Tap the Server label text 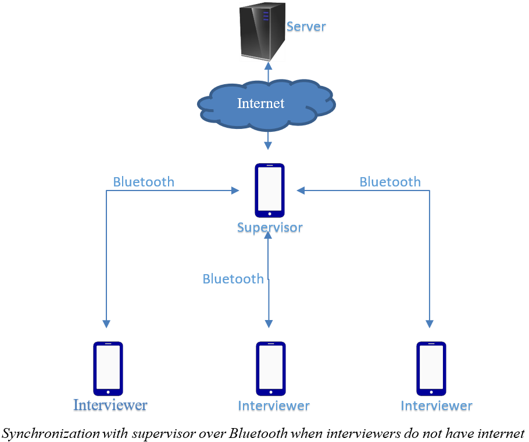coord(306,27)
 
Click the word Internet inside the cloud coord(260,103)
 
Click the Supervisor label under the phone coord(270,227)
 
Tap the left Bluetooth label coord(144,182)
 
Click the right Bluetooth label coord(390,182)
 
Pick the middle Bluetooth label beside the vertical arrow coord(233,279)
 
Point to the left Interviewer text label coord(110,405)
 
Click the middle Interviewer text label coord(273,405)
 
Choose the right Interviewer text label coord(437,405)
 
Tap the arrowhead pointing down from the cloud coord(268,145)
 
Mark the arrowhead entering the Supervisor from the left coord(235,191)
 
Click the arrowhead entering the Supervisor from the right coord(301,191)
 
